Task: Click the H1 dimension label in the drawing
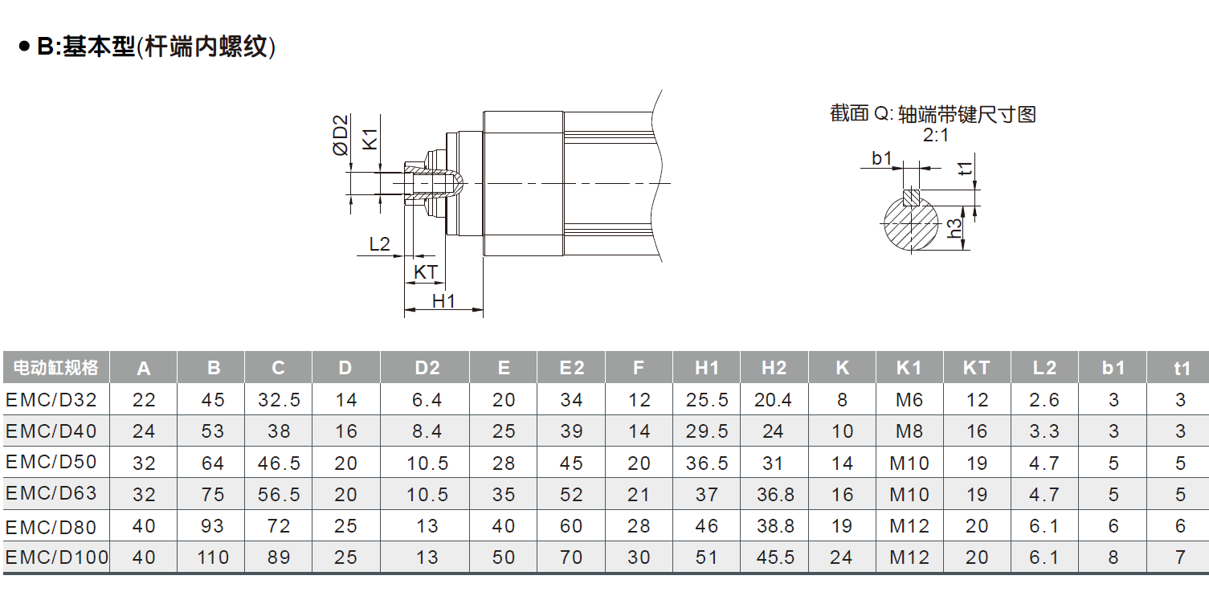click(443, 301)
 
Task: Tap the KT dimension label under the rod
click(425, 272)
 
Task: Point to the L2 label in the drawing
click(379, 244)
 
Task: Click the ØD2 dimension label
click(341, 135)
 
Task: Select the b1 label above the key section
click(882, 158)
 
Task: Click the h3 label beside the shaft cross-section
click(955, 228)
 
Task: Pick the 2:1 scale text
click(935, 135)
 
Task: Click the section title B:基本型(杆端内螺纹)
click(156, 47)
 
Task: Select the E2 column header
click(572, 368)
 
